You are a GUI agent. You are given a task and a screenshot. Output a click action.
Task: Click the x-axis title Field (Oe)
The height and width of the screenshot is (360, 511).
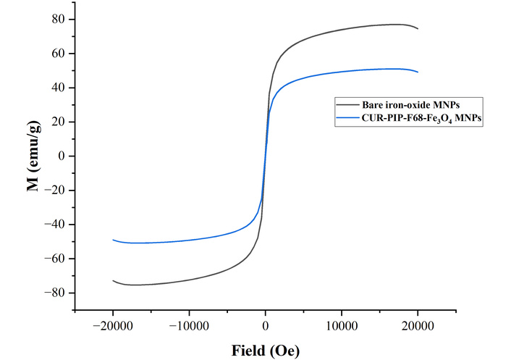click(x=265, y=351)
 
